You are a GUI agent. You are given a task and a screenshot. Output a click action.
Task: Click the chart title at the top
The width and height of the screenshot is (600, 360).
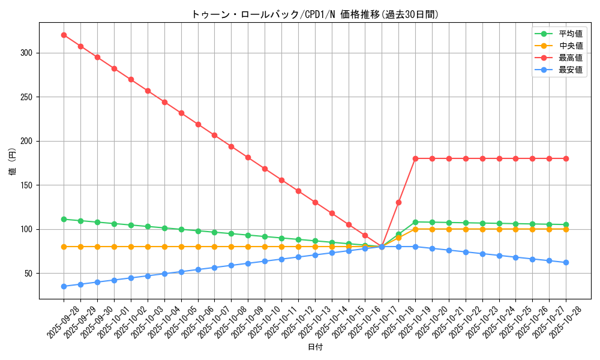tap(315, 14)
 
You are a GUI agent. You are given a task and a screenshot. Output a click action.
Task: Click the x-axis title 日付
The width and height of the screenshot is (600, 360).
tap(315, 347)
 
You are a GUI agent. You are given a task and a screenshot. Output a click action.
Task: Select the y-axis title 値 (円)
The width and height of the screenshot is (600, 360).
tap(13, 162)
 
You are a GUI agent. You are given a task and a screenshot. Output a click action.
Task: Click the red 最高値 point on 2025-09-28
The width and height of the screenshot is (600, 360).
tap(64, 35)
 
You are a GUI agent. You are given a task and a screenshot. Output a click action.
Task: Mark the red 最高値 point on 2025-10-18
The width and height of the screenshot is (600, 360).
tap(398, 202)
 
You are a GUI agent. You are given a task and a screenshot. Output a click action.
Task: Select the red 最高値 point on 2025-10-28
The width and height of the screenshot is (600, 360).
tap(566, 158)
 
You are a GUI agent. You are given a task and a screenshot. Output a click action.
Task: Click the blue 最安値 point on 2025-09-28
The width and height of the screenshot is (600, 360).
tap(64, 286)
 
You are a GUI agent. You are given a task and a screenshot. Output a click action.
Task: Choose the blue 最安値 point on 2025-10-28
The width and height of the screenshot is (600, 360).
tap(566, 262)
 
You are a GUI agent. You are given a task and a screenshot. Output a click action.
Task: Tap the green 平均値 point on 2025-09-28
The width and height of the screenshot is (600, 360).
tap(64, 219)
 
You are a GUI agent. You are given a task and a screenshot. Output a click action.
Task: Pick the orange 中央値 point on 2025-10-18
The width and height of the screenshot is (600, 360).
tap(398, 238)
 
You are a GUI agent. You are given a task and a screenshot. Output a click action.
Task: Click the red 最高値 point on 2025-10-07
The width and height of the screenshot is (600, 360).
tap(214, 135)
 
